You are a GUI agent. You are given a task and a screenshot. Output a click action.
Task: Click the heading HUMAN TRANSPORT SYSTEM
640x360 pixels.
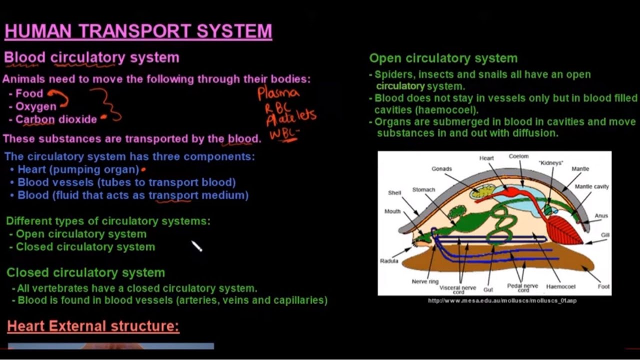point(138,31)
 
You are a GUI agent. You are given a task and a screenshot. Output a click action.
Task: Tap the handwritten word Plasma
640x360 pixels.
point(278,93)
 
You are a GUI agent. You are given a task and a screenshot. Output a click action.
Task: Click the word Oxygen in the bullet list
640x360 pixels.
point(36,106)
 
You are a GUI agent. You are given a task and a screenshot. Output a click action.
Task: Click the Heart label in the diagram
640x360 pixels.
point(486,158)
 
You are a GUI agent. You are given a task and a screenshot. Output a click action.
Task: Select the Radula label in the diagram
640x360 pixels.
point(389,261)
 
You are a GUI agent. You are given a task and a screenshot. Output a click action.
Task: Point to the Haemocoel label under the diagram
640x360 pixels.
point(560,286)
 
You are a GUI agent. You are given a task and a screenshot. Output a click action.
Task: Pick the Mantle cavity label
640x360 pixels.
point(591,186)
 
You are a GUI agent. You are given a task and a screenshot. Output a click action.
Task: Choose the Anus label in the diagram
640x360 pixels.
point(601,216)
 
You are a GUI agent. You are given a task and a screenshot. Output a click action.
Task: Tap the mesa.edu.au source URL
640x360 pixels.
point(502,300)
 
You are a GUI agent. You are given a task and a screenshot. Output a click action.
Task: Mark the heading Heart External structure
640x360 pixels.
point(93,326)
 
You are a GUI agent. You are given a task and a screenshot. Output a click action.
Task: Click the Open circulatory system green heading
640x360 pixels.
point(443,58)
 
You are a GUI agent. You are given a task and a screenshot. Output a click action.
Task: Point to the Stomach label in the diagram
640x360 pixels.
point(423,190)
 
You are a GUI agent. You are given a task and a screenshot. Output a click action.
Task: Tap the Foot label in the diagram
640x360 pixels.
point(603,286)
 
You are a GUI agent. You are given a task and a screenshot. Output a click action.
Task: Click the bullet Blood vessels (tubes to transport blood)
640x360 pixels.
point(126,182)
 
